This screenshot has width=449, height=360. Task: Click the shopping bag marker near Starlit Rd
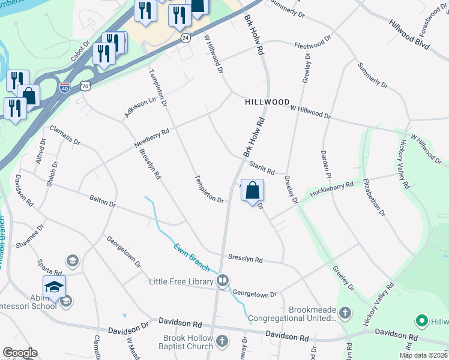[x=253, y=190]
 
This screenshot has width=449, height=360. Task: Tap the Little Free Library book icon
[x=223, y=280]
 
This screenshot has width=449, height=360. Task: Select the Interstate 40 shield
[x=65, y=87]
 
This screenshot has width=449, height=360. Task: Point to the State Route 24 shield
[x=185, y=38]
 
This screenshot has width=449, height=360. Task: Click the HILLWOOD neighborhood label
[x=267, y=103]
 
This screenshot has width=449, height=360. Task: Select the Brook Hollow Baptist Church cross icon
[x=223, y=342]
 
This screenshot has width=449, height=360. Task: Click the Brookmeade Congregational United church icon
[x=345, y=313]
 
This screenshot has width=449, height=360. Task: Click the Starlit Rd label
[x=262, y=168]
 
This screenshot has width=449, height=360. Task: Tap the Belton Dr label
[x=102, y=200]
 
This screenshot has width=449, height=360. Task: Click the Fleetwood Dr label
[x=312, y=43]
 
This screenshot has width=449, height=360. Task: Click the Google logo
[x=20, y=353]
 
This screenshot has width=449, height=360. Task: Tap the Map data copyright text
[x=423, y=355]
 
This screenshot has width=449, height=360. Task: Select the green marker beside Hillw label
[x=421, y=322]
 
